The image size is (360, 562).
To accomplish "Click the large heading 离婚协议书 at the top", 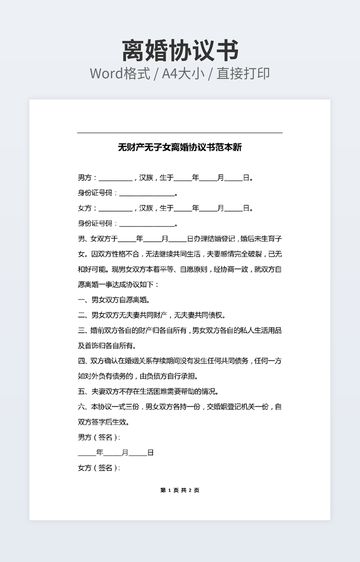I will click(x=180, y=51).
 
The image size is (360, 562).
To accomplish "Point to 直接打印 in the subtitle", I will click(x=245, y=73).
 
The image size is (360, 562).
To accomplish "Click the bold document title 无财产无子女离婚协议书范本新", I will click(x=179, y=147).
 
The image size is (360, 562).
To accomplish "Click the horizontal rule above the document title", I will click(x=179, y=133).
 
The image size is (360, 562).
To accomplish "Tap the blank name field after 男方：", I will click(x=115, y=178).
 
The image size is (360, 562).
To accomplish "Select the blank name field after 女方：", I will click(x=115, y=209).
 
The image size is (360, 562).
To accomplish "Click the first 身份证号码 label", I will click(x=95, y=193).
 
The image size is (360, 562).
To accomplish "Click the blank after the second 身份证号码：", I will click(x=146, y=224).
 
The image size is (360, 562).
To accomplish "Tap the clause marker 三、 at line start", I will click(x=83, y=330).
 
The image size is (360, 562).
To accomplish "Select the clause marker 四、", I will click(x=83, y=361).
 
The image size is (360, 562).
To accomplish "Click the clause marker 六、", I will click(x=83, y=407).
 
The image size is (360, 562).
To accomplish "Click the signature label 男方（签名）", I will click(x=99, y=437).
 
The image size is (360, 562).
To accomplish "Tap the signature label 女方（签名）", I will click(x=99, y=468).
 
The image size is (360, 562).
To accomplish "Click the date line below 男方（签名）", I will click(x=116, y=453).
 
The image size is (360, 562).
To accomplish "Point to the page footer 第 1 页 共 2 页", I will click(x=179, y=490).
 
